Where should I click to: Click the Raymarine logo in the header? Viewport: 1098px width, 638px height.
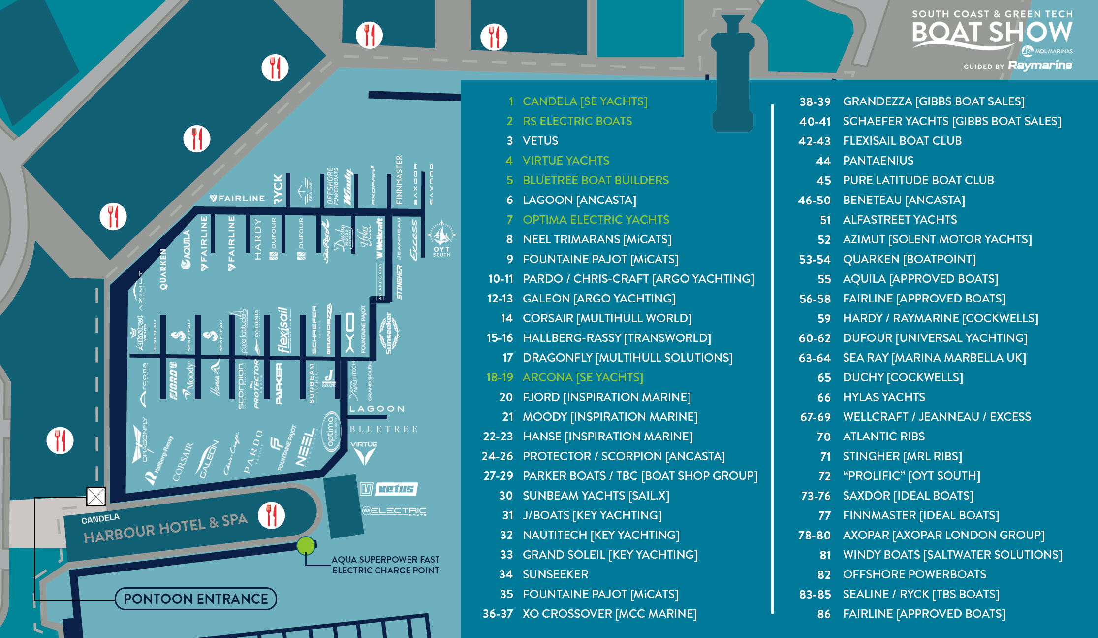coord(1040,66)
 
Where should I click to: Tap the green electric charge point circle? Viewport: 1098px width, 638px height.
coord(306,546)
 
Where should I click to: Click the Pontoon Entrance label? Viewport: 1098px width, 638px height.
coord(196,599)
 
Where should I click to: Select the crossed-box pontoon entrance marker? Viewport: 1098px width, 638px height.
coord(96,496)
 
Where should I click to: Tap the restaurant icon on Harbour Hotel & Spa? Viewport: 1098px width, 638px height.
coord(271,515)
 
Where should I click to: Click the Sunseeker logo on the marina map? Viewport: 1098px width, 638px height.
coord(389,333)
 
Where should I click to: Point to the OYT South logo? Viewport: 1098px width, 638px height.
coord(441,239)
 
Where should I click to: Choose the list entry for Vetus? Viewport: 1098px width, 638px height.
coord(540,141)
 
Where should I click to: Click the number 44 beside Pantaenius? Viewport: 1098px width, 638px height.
coord(823,161)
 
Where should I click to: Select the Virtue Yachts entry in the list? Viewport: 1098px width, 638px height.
coord(565,161)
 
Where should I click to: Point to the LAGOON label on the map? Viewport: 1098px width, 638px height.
coord(376,409)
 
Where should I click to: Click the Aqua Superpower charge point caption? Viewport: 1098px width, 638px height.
coord(385,565)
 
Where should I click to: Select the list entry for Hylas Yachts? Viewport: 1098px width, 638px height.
coord(883,397)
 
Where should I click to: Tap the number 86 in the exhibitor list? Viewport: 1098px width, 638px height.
coord(823,614)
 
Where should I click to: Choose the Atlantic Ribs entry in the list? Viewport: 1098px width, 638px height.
coord(883,437)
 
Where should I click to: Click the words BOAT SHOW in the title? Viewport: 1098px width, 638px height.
coord(992,33)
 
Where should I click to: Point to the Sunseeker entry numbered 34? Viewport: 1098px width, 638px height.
coord(555,574)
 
